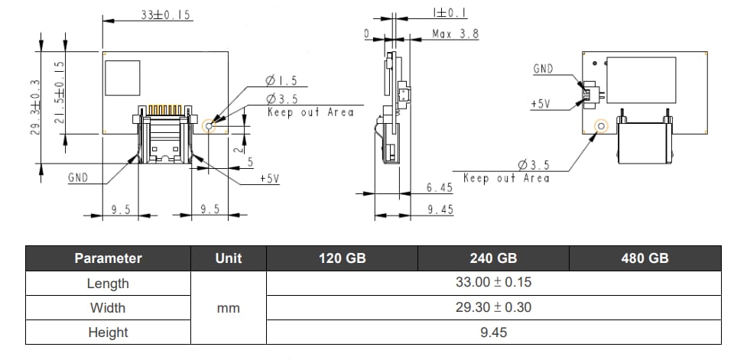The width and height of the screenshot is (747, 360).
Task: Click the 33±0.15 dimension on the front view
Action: tap(166, 16)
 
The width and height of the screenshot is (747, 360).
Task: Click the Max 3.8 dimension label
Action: tap(456, 34)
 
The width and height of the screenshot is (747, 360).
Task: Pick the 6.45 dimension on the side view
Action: tap(440, 187)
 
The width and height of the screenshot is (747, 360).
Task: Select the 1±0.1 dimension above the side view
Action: tap(450, 13)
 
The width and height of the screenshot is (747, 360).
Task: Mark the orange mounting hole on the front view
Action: tap(213, 124)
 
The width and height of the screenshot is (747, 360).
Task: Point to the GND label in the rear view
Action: tap(543, 69)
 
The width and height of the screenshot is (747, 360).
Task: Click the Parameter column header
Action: tap(108, 258)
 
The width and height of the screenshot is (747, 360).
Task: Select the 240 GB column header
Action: tap(493, 258)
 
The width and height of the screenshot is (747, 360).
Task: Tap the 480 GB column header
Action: tap(645, 258)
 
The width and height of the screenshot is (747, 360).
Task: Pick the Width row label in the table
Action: tap(108, 308)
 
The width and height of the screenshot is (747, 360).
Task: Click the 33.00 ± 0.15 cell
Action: tap(493, 283)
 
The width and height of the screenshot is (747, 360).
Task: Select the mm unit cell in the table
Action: tap(228, 308)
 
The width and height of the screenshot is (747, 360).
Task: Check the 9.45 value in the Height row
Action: tap(493, 332)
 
